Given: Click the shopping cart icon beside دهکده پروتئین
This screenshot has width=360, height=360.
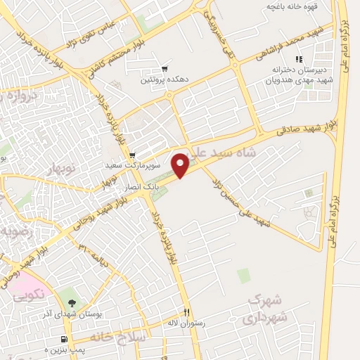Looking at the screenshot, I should click(x=165, y=69).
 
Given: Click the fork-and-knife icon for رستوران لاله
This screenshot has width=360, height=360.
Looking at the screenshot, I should click(x=186, y=312).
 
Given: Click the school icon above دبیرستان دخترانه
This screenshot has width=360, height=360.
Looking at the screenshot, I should click(x=298, y=60).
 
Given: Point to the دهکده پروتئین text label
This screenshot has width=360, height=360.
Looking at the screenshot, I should click(x=155, y=79).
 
